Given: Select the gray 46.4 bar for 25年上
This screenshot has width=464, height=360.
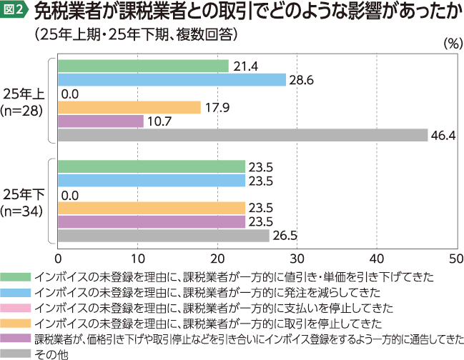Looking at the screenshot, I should click(242, 135).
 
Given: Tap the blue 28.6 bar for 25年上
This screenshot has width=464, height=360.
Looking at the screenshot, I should click(172, 80).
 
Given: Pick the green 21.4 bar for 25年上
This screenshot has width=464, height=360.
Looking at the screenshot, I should click(143, 66).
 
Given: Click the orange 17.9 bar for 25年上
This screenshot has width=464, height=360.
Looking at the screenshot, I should click(129, 107).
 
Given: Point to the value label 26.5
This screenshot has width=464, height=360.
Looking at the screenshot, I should click(284, 236).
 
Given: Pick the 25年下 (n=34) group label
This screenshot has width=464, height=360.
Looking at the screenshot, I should click(24, 201).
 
